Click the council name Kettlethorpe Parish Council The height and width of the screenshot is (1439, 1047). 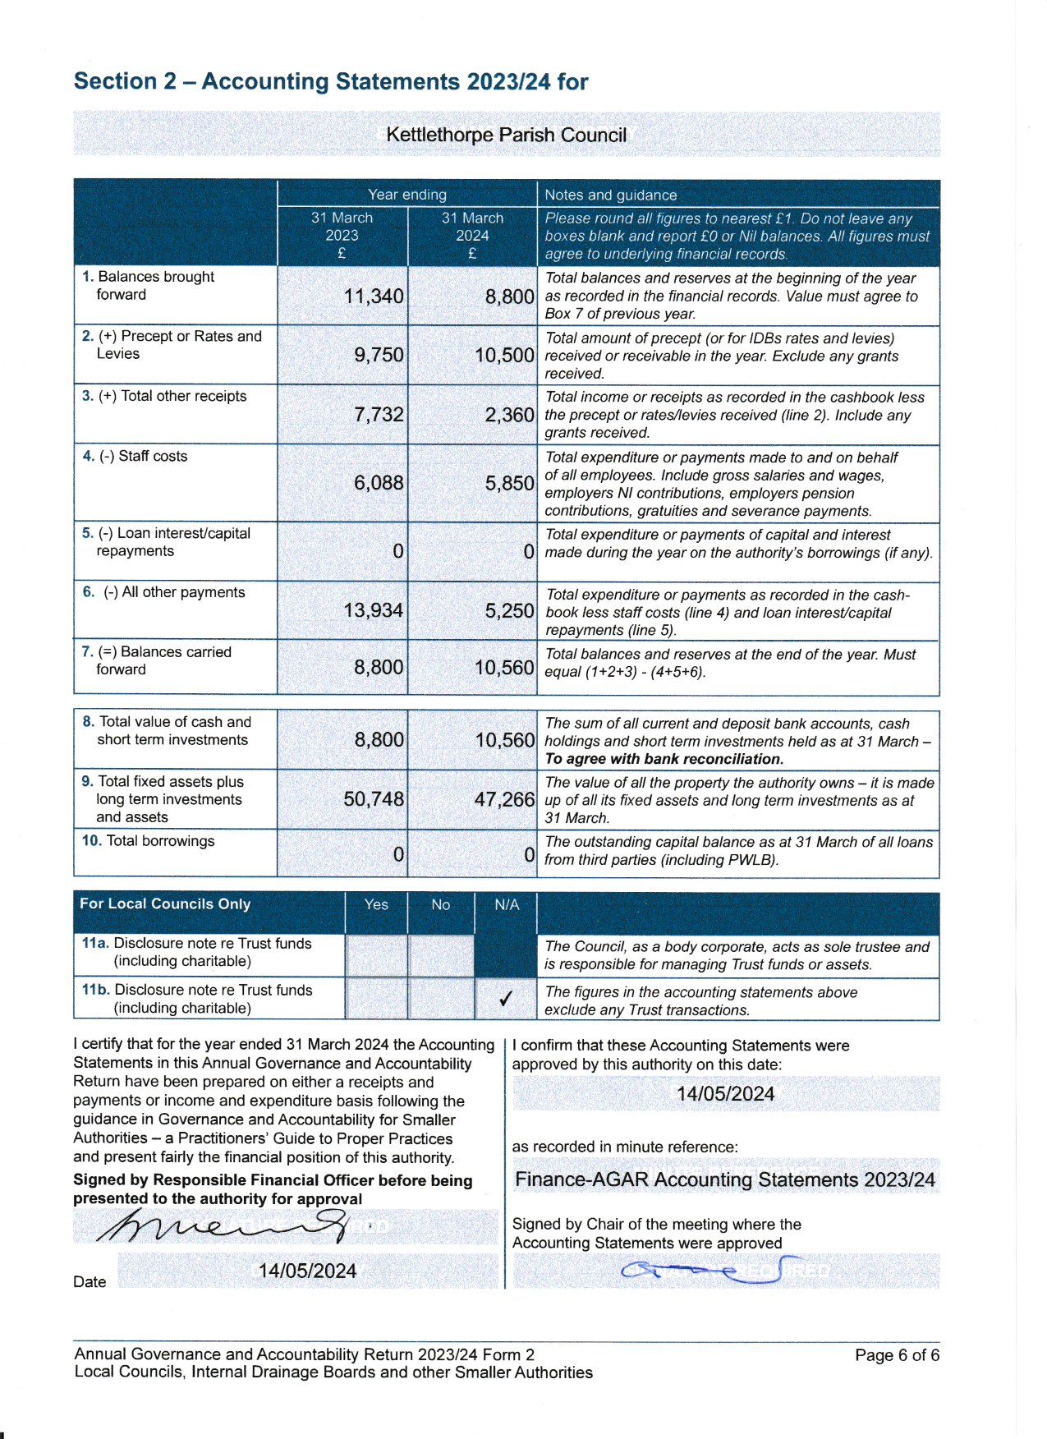point(506,135)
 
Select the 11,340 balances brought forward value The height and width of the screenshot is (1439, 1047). point(374,296)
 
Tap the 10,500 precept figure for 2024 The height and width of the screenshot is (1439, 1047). point(504,356)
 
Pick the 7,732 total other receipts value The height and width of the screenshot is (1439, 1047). point(379,415)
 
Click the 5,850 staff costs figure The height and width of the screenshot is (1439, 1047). point(509,483)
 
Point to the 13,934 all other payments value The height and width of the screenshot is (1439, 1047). point(374,610)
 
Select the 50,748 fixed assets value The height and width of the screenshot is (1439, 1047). point(374,799)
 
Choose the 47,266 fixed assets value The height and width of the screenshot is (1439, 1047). point(504,799)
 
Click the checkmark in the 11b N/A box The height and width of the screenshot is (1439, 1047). point(506,999)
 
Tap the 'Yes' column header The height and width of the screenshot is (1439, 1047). point(376,904)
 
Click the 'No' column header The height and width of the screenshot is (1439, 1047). point(441,904)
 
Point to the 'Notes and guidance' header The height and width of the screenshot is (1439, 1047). point(611,195)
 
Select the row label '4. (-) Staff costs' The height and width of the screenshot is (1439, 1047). point(135,456)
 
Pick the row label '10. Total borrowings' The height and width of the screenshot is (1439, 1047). point(149,841)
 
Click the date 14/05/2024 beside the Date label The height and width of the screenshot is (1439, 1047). point(307,1271)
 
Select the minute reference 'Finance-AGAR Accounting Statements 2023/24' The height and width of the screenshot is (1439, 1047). point(725,1179)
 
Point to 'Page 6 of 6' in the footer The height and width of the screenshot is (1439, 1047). point(897,1355)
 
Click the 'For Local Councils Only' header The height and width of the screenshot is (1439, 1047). point(165,903)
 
